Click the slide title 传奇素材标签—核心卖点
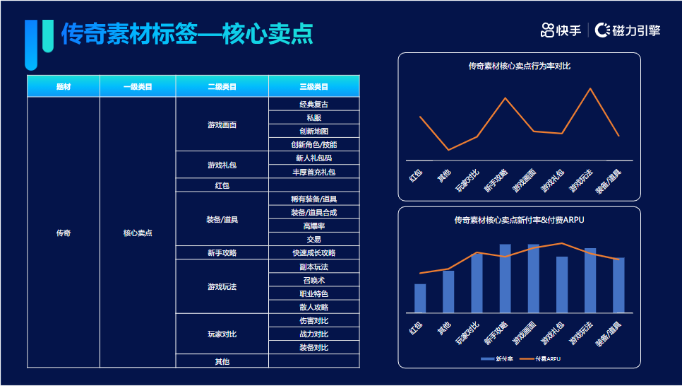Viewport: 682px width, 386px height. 186,34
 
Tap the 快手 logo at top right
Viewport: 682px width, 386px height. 561,30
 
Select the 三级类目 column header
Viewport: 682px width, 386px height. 313,87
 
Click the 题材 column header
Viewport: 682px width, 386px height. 64,87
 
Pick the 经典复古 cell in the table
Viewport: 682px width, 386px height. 313,104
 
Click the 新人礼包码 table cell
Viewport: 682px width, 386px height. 313,158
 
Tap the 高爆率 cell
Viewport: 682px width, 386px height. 313,226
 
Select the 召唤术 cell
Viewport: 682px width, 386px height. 313,280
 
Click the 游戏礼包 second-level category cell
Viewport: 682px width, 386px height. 222,165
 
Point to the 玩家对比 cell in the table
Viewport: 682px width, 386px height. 222,334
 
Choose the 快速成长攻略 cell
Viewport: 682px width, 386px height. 313,253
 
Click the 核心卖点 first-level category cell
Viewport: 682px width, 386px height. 138,233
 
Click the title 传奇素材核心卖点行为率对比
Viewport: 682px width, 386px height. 519,66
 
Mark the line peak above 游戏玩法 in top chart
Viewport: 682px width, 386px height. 590,89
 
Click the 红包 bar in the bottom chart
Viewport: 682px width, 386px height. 420,298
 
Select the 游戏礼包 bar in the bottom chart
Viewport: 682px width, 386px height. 562,284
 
